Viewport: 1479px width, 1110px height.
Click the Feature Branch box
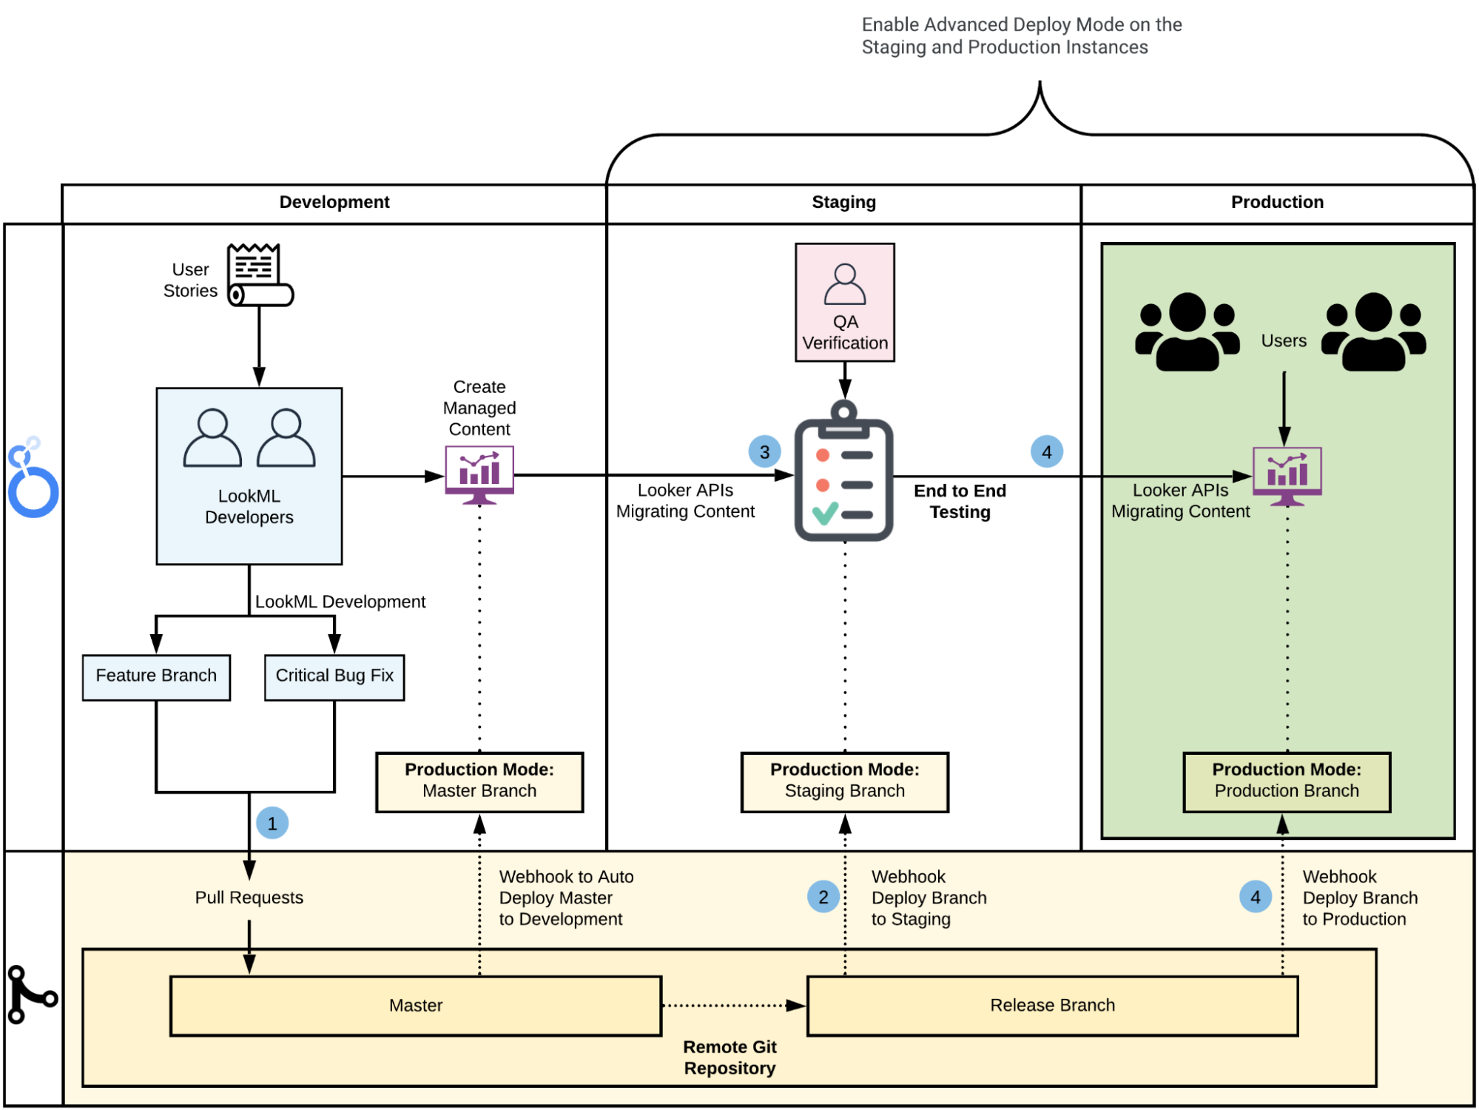pyautogui.click(x=156, y=677)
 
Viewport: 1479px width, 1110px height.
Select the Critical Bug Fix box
pyautogui.click(x=334, y=677)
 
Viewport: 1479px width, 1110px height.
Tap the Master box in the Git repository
pyautogui.click(x=415, y=1006)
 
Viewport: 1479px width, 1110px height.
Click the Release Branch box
pyautogui.click(x=1052, y=1006)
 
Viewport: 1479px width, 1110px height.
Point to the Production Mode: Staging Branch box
pyautogui.click(x=844, y=782)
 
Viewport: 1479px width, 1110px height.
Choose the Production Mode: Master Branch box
pyautogui.click(x=479, y=782)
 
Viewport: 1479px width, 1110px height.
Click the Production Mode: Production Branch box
pyautogui.click(x=1286, y=782)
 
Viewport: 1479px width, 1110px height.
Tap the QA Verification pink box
pyautogui.click(x=845, y=303)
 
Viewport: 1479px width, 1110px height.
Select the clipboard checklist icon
pyautogui.click(x=843, y=474)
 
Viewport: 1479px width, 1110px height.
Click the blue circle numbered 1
pyautogui.click(x=272, y=824)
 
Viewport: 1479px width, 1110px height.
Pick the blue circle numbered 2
pyautogui.click(x=823, y=898)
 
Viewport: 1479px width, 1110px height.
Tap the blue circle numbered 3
pyautogui.click(x=764, y=451)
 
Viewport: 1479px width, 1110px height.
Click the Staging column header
pyautogui.click(x=843, y=203)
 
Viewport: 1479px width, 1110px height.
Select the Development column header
pyautogui.click(x=334, y=203)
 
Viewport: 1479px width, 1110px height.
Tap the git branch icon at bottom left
pyautogui.click(x=31, y=995)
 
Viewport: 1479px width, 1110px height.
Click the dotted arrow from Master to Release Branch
pyautogui.click(x=732, y=1006)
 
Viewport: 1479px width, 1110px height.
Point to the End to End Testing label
pyautogui.click(x=960, y=502)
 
